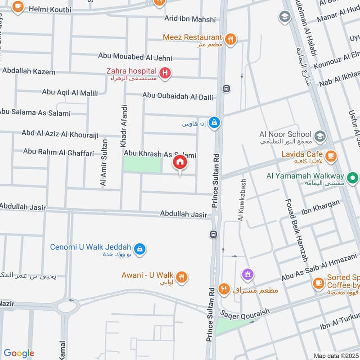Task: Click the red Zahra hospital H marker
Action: (x=165, y=72)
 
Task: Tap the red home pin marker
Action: (x=180, y=162)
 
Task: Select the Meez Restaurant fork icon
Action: (x=230, y=39)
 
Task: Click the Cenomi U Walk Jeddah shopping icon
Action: (x=139, y=248)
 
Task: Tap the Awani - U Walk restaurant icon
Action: (x=182, y=277)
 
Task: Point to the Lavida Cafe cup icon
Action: (x=331, y=156)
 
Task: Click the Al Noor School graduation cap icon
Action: (x=319, y=135)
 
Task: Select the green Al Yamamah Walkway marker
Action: (x=353, y=177)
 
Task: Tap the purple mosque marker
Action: (x=247, y=273)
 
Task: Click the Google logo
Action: (x=19, y=353)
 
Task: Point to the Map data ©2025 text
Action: (x=335, y=356)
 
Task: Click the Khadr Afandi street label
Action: (x=124, y=126)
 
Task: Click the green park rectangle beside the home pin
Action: (x=142, y=165)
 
